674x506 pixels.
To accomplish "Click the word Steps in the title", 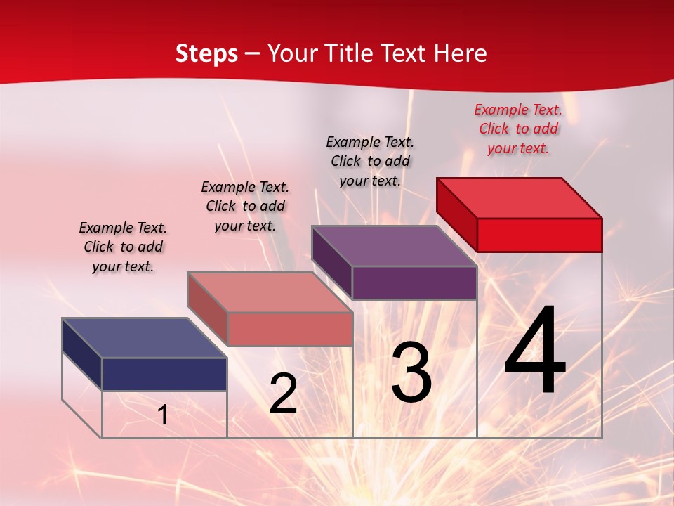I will coord(206,53).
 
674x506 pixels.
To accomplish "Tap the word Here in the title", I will coord(461,53).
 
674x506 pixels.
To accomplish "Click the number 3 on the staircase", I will coord(411,372).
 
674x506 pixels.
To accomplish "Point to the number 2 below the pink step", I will coord(283,394).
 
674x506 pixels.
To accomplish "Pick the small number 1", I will coord(162,415).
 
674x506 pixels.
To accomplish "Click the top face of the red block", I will coord(520,197).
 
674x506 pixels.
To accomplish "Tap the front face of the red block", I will coord(539,235).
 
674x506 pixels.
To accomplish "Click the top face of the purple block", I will coord(395,246).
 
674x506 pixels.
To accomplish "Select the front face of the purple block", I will coord(414,283).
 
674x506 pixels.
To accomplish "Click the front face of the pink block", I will coord(289,329).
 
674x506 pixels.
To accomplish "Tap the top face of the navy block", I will coord(145,338).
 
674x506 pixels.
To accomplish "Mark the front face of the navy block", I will coord(164,374).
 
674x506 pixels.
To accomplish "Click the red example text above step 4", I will coord(518,129).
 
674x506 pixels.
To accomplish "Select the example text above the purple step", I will coord(370,161).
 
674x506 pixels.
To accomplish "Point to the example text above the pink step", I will coord(245,206).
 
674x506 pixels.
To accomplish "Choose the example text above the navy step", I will coord(123,247).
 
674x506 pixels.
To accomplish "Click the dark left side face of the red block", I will coord(456,214).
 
